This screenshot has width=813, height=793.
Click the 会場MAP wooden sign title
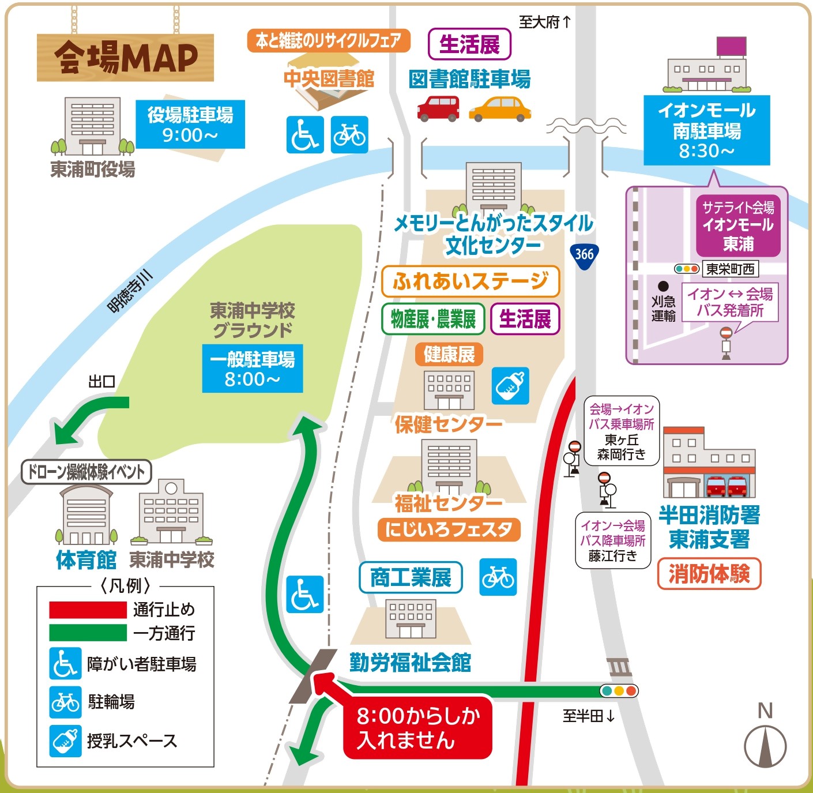[126, 58]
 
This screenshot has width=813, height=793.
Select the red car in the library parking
[438, 108]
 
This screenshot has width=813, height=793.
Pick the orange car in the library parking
[499, 109]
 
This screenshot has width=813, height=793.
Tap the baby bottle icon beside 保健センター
[510, 385]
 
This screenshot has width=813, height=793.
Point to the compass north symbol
[765, 745]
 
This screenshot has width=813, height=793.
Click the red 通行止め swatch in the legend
[88, 610]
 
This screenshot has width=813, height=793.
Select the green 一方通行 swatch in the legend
[88, 633]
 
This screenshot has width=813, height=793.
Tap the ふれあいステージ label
[471, 281]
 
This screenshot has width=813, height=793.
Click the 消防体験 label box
[709, 574]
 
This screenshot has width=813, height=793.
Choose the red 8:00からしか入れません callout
[417, 728]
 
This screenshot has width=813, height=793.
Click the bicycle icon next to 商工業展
[499, 577]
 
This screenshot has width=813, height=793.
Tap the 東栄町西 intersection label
[730, 269]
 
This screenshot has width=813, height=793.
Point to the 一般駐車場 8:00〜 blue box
[253, 369]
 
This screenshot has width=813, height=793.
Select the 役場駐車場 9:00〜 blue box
[190, 125]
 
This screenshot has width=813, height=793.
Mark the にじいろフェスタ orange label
[449, 529]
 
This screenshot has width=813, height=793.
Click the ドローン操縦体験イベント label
[86, 472]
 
